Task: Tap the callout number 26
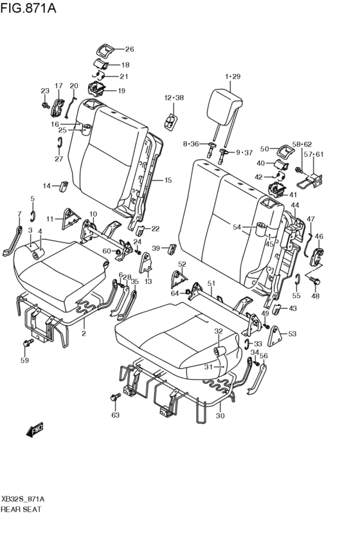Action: pos(129,49)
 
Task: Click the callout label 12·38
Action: pos(174,98)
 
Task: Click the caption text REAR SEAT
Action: pos(21,508)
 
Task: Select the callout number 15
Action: pos(168,181)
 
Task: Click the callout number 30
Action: pos(221,416)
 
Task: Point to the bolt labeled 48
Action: pos(315,282)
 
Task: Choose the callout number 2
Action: pos(84,334)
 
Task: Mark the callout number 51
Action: pos(210,283)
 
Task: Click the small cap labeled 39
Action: pos(173,249)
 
